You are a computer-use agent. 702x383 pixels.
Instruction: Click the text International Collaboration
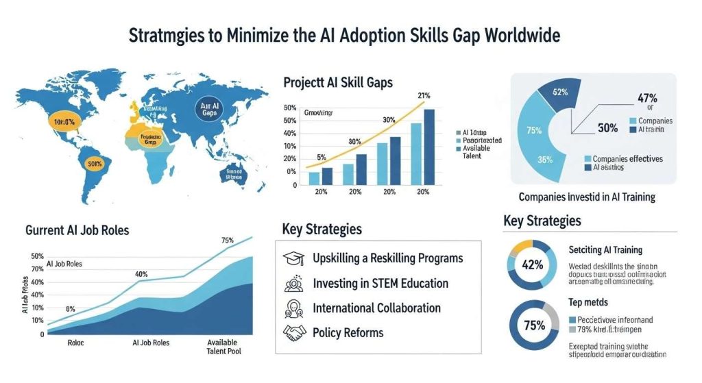(x=376, y=308)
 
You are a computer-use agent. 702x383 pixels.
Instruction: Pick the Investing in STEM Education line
(x=380, y=283)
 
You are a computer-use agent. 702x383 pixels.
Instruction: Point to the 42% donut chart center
(x=533, y=264)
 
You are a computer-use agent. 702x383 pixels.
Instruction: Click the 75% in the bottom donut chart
(x=533, y=325)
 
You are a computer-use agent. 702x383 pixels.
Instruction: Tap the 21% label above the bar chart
(x=423, y=95)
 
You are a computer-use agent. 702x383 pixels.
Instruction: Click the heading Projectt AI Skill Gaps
(x=338, y=82)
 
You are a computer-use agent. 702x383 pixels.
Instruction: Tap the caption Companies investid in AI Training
(x=587, y=197)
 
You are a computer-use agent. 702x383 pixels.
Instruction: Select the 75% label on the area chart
(x=228, y=240)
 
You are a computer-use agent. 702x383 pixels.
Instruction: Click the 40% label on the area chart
(x=141, y=274)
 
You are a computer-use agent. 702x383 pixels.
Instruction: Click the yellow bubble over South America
(x=94, y=164)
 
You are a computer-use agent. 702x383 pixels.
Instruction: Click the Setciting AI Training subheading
(x=605, y=250)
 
